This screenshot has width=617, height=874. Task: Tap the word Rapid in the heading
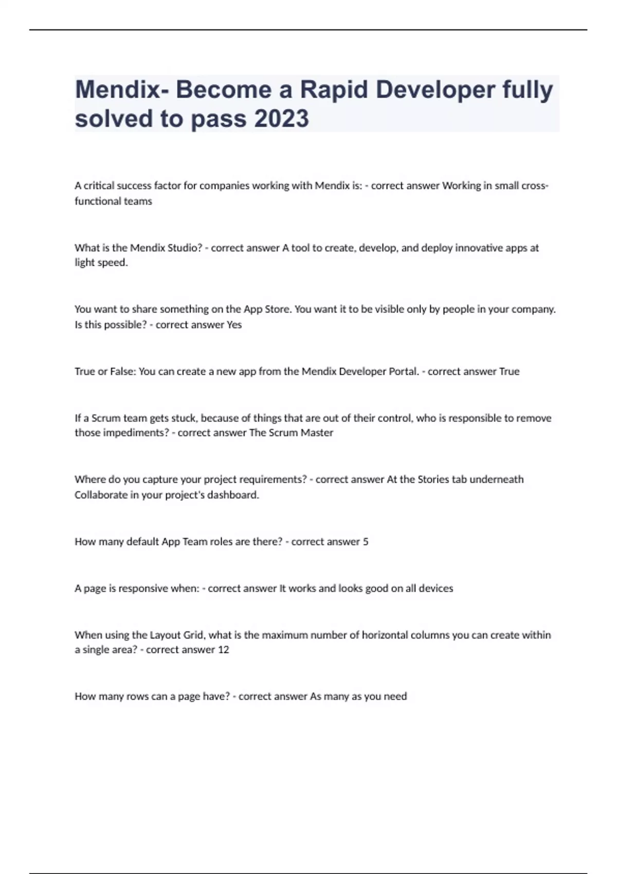tap(334, 89)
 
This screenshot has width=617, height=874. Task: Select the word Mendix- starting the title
tap(122, 89)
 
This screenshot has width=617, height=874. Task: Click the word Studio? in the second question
tap(183, 248)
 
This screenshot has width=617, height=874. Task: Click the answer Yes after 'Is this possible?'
tap(234, 325)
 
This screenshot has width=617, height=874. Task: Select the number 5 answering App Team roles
tap(366, 541)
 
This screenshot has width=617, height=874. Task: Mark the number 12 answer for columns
tap(223, 650)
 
